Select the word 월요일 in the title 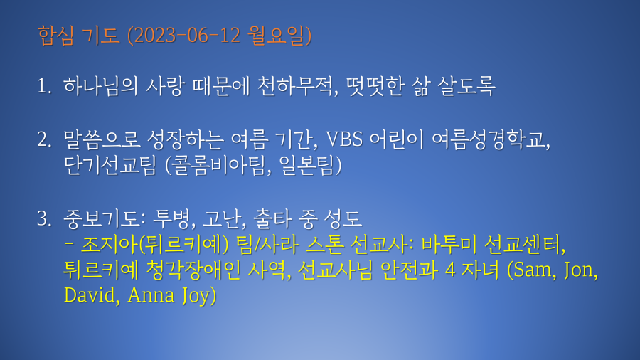point(277,36)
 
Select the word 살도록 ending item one point(466,86)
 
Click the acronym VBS point(344,139)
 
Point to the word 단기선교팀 point(110,165)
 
